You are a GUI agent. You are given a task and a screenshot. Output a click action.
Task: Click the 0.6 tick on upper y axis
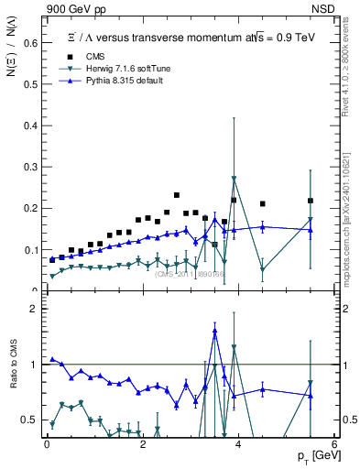(31, 41)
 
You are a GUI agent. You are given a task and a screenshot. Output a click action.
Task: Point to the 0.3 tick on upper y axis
(31, 166)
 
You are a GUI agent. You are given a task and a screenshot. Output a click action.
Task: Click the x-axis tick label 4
(238, 442)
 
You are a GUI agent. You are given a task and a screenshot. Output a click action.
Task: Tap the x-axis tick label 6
(334, 442)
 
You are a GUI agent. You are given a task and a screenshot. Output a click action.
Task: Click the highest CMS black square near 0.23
(177, 195)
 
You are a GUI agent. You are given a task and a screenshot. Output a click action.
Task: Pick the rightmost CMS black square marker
(311, 201)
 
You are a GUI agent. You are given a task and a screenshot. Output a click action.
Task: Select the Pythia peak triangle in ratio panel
(215, 331)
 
